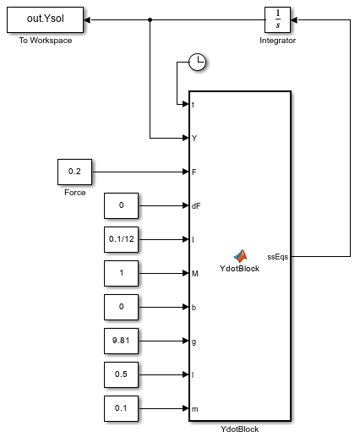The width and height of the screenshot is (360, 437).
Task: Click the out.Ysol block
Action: [x=45, y=19]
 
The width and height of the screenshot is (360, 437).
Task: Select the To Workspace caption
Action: [x=46, y=41]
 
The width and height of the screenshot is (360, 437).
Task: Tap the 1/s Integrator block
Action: [x=277, y=19]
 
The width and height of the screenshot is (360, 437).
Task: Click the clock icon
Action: [x=197, y=62]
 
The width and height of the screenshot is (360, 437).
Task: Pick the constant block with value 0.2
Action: [x=74, y=172]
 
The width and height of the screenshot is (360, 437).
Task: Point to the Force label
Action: [x=75, y=193]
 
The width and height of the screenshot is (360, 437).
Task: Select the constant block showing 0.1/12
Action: [x=121, y=239]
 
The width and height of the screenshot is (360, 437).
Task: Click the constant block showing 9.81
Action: [x=121, y=341]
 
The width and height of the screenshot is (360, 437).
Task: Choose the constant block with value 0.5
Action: [x=121, y=374]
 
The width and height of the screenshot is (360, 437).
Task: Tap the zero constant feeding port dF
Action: [x=121, y=205]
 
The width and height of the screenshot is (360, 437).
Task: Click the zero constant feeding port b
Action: [x=121, y=307]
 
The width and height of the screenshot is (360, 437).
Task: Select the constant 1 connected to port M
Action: [x=121, y=273]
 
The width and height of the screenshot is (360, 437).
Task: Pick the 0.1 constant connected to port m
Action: [x=121, y=408]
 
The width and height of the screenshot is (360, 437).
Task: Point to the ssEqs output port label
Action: [x=278, y=257]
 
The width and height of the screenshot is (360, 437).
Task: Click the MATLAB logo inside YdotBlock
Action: [x=240, y=255]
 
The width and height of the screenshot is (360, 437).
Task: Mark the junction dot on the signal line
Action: [x=150, y=19]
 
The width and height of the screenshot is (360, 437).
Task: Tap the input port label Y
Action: [x=194, y=138]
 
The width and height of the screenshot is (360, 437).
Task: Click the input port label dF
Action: [x=196, y=206]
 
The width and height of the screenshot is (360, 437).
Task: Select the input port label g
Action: [x=194, y=341]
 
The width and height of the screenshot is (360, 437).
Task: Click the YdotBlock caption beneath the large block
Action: [x=240, y=429]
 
